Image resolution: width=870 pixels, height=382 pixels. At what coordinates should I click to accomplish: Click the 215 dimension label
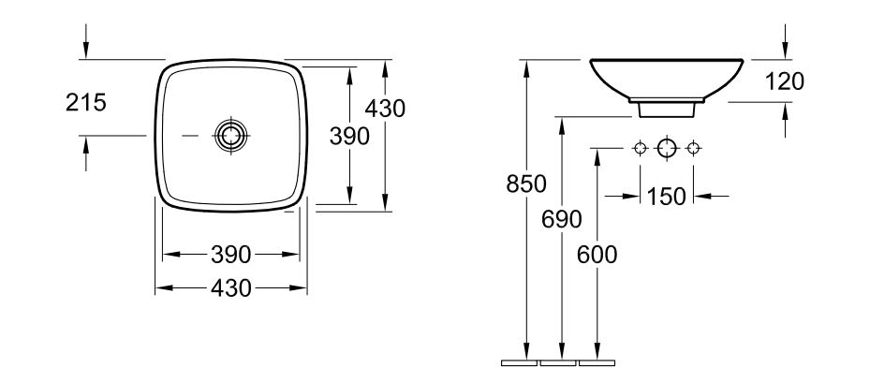pos(86,103)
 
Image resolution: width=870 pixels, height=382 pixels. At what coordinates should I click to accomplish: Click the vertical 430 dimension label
pos(385,109)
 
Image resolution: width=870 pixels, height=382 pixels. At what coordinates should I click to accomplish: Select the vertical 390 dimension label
pos(349,137)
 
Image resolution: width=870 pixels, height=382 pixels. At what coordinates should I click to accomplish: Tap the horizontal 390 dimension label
pos(231,255)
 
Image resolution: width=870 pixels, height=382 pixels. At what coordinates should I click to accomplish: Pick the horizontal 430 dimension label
pos(231,287)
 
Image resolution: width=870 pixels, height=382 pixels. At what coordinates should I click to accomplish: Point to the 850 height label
pos(526,184)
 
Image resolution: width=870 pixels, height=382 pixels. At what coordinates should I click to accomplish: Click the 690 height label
pos(562,219)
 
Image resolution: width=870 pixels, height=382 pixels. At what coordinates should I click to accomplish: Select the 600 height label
pos(597,255)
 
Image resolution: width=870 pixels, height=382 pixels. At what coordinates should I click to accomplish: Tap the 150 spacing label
pos(667,197)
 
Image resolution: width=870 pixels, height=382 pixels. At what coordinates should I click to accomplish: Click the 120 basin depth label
pos(785,82)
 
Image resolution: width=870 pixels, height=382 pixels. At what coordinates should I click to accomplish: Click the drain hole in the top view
pos(231,135)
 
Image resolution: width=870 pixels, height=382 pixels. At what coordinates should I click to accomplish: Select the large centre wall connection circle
pos(667,148)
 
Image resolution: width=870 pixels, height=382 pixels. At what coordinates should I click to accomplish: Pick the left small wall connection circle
pos(641,148)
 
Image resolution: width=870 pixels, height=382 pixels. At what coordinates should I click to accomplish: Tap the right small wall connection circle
pos(693,148)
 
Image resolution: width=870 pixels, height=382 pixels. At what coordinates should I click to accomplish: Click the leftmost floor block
pos(520,363)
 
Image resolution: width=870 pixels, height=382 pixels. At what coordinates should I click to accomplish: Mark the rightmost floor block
pos(597,363)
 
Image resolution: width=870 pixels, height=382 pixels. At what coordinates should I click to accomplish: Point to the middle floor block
pos(558,363)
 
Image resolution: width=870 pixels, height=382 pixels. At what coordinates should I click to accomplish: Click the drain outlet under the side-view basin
pos(667,110)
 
